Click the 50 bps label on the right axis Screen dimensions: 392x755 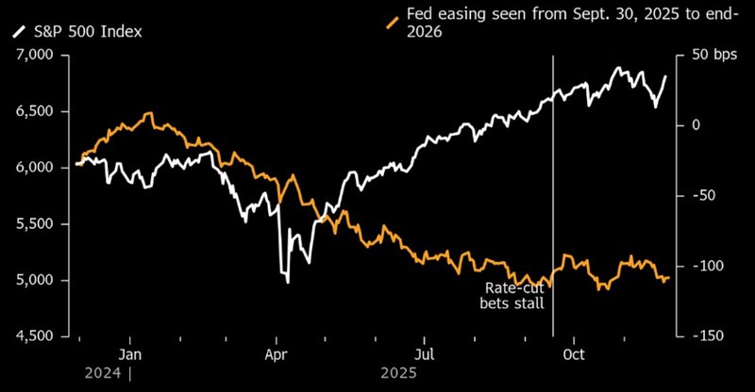713,56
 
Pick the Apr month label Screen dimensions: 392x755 277,354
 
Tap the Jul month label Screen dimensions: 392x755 425,354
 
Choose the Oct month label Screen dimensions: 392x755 574,354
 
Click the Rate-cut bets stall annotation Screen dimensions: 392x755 512,295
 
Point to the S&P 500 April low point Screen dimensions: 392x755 287,282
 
